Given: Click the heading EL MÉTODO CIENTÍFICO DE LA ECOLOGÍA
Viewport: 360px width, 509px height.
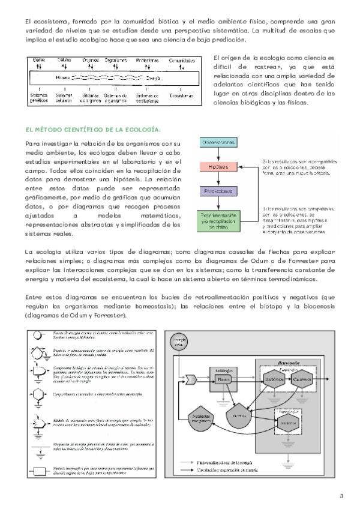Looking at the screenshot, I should [93, 129].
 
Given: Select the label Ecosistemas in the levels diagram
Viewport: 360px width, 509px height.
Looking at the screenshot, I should [182, 95].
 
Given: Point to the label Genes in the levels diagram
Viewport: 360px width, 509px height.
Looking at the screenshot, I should [38, 61].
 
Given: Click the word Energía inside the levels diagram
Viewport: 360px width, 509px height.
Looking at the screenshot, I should [152, 78].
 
